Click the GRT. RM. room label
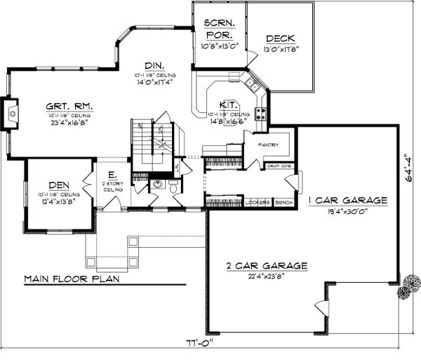70,106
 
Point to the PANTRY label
268,145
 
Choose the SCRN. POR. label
219,28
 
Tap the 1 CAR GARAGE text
347,201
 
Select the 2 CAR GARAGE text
267,266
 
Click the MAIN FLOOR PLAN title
71,278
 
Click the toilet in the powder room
172,186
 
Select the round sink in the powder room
157,185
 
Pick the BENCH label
283,201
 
